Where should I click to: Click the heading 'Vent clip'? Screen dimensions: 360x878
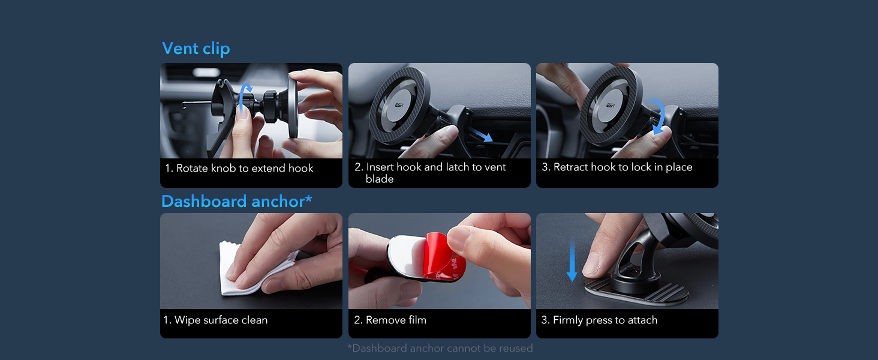click(196, 49)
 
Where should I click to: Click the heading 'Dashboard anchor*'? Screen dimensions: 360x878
click(236, 202)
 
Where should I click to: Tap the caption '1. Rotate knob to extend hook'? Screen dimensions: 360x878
click(239, 169)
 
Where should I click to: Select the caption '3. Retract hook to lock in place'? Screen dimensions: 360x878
click(617, 167)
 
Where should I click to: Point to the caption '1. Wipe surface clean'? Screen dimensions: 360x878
click(215, 320)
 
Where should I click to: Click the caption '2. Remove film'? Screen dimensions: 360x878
click(390, 320)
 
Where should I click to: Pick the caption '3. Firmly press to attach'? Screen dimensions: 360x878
click(599, 320)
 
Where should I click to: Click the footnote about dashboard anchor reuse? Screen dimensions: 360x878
click(440, 348)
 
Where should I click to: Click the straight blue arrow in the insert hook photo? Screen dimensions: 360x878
click(481, 134)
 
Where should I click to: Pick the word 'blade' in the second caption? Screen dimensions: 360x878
click(379, 179)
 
